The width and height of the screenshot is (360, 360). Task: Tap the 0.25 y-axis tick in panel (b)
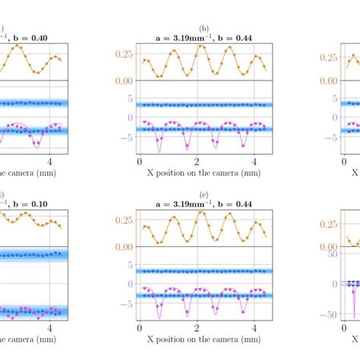click(122, 55)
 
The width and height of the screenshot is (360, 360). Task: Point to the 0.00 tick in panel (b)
click(122, 81)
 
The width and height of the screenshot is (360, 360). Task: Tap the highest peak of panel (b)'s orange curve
click(201, 46)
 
